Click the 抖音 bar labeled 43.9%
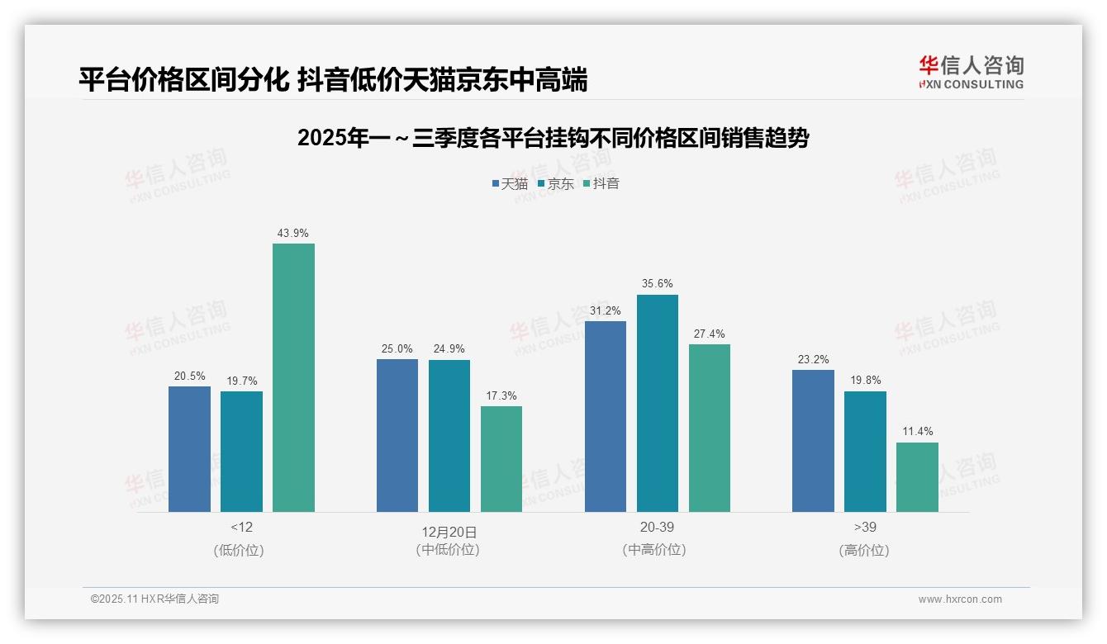click(x=293, y=377)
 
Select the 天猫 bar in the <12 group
click(x=189, y=449)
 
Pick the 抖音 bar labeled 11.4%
click(x=917, y=477)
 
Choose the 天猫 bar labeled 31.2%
click(x=606, y=416)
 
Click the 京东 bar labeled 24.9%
click(x=449, y=436)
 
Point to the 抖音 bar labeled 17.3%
click(x=501, y=459)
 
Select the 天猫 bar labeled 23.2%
click(x=813, y=441)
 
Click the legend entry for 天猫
click(x=509, y=183)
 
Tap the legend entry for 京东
click(x=555, y=183)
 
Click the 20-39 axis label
click(x=657, y=527)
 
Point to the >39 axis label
click(x=865, y=527)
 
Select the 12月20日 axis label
click(x=449, y=531)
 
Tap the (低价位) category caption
click(x=241, y=550)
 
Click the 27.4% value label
click(x=710, y=334)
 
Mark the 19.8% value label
click(x=865, y=381)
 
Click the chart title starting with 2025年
click(x=553, y=138)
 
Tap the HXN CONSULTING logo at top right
click(x=971, y=73)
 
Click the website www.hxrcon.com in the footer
click(x=960, y=599)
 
